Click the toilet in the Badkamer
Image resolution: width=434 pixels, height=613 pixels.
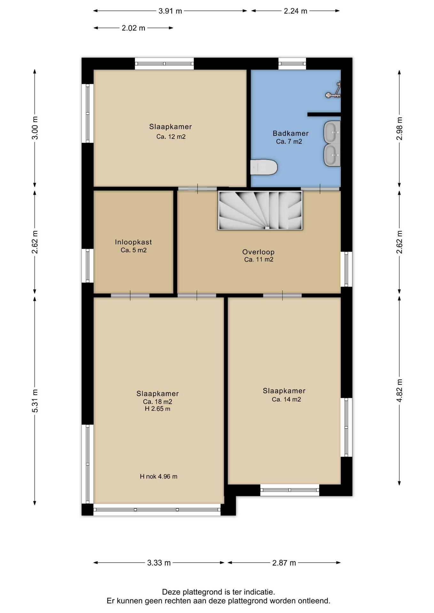[264, 167]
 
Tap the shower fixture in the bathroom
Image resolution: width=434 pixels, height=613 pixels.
[334, 90]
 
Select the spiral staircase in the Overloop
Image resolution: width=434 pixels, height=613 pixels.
[260, 210]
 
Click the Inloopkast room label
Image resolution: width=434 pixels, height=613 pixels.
[133, 242]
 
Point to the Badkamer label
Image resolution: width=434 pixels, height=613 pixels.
[291, 133]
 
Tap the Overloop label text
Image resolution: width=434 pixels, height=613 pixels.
[258, 252]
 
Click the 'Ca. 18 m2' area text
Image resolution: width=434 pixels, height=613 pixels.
[158, 402]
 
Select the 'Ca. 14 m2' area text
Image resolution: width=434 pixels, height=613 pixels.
[286, 399]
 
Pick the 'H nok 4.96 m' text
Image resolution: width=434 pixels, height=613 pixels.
[159, 477]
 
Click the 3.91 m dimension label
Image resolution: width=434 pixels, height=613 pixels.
[170, 11]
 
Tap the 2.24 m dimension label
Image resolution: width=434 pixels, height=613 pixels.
[296, 11]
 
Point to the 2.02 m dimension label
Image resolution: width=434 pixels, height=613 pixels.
[134, 28]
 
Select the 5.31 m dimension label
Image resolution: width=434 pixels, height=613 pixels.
[35, 401]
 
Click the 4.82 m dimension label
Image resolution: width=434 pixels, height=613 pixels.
[399, 391]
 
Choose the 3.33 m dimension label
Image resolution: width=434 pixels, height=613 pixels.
[159, 563]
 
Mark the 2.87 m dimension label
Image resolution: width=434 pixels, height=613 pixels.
[284, 563]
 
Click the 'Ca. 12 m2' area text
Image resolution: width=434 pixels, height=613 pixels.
[171, 137]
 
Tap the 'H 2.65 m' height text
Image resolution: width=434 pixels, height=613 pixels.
[158, 409]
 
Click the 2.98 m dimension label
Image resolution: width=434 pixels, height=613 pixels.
[399, 128]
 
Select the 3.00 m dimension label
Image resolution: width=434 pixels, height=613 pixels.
[35, 128]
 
